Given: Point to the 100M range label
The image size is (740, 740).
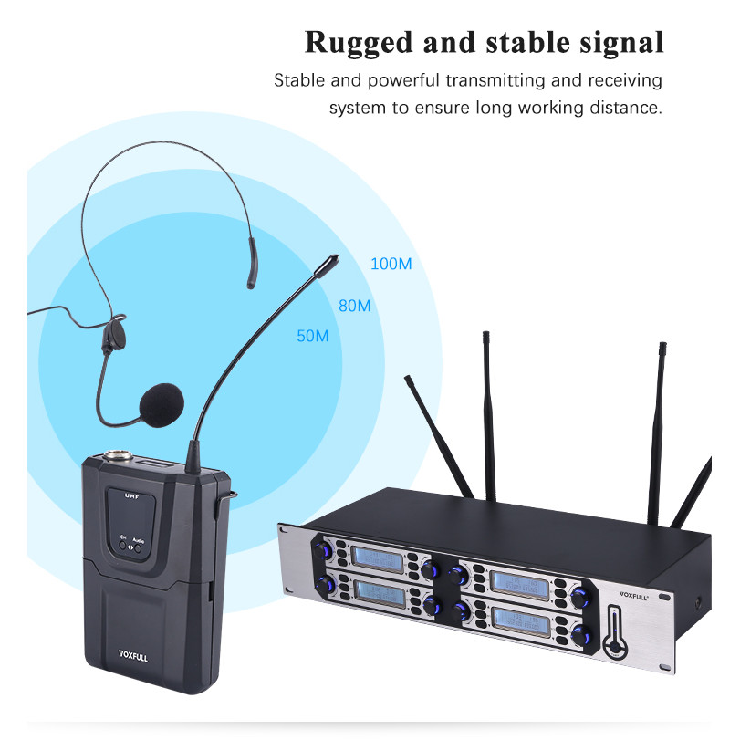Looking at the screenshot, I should (391, 265).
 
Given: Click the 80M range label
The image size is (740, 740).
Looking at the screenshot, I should (354, 306).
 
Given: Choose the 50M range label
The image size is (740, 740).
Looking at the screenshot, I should (312, 336).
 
